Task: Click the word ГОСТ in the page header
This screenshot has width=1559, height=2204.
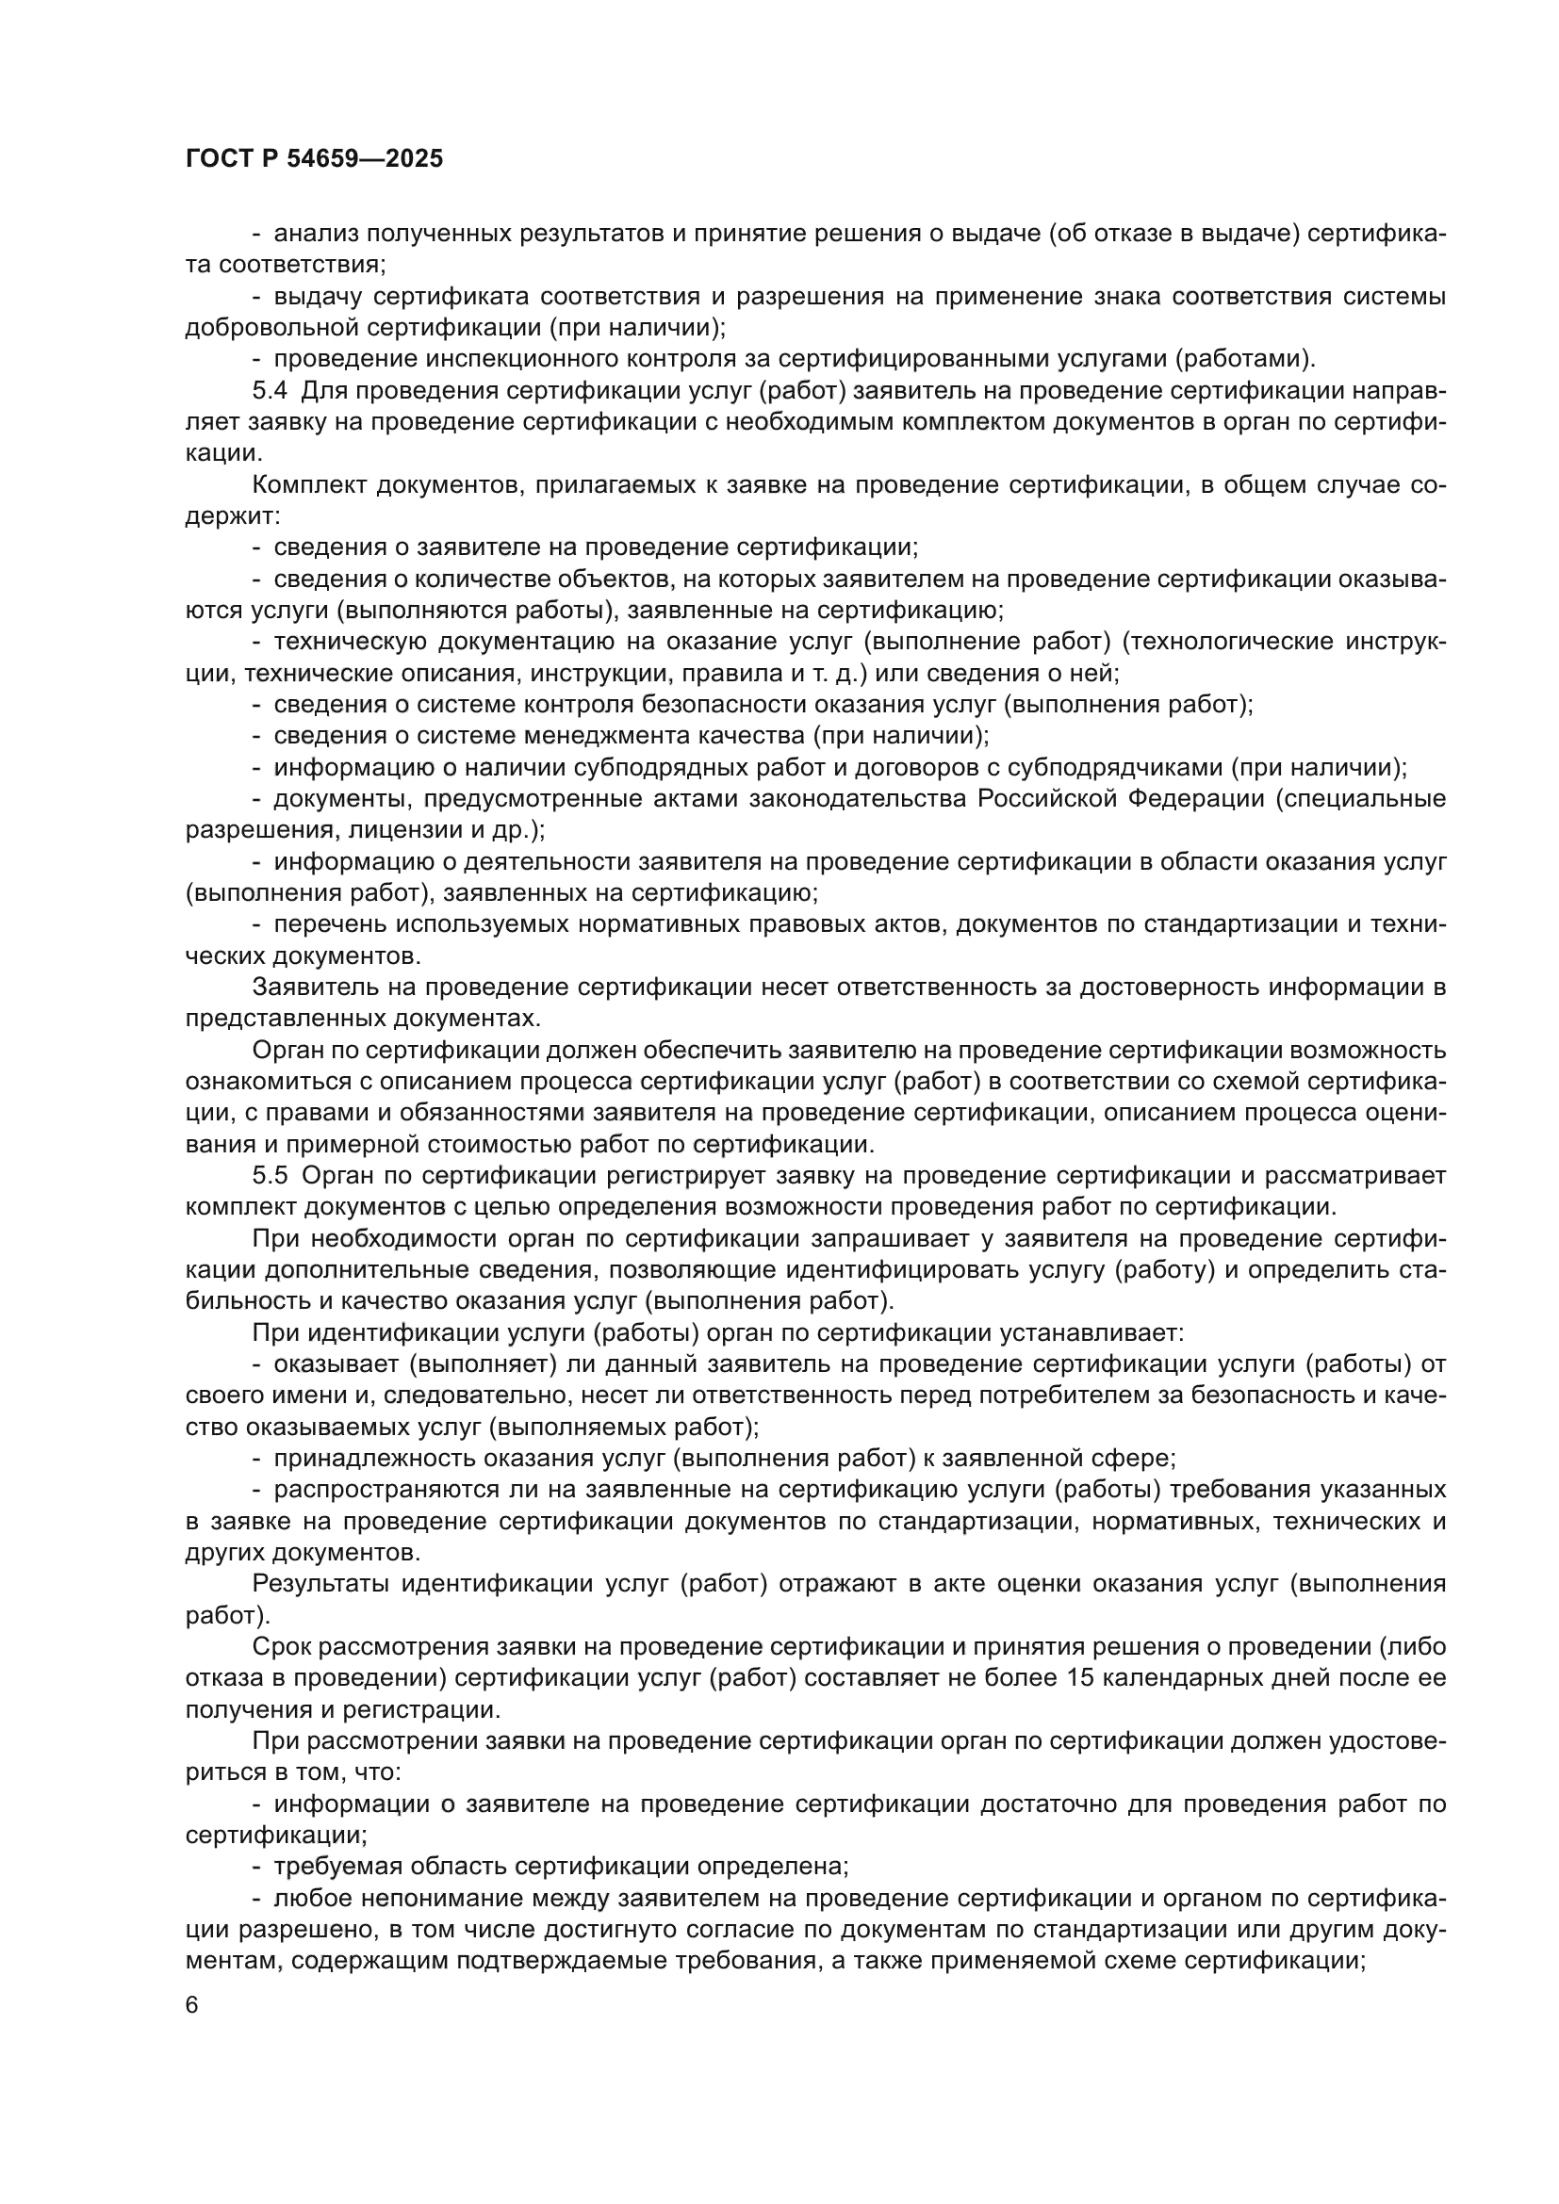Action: (x=216, y=159)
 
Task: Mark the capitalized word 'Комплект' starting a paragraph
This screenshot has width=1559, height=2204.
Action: (x=308, y=484)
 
